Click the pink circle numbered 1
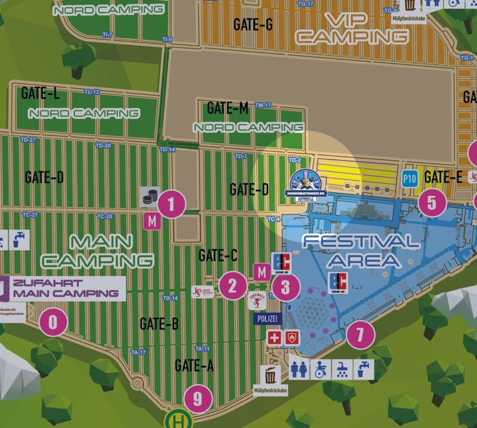172,204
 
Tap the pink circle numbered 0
53,323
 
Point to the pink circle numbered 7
360,335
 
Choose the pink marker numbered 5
432,202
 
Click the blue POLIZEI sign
268,318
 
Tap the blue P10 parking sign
409,179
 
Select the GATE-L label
40,94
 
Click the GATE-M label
227,108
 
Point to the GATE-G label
253,25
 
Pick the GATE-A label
194,365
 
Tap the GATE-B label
159,323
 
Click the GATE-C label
217,255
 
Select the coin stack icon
150,197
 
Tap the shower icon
341,369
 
